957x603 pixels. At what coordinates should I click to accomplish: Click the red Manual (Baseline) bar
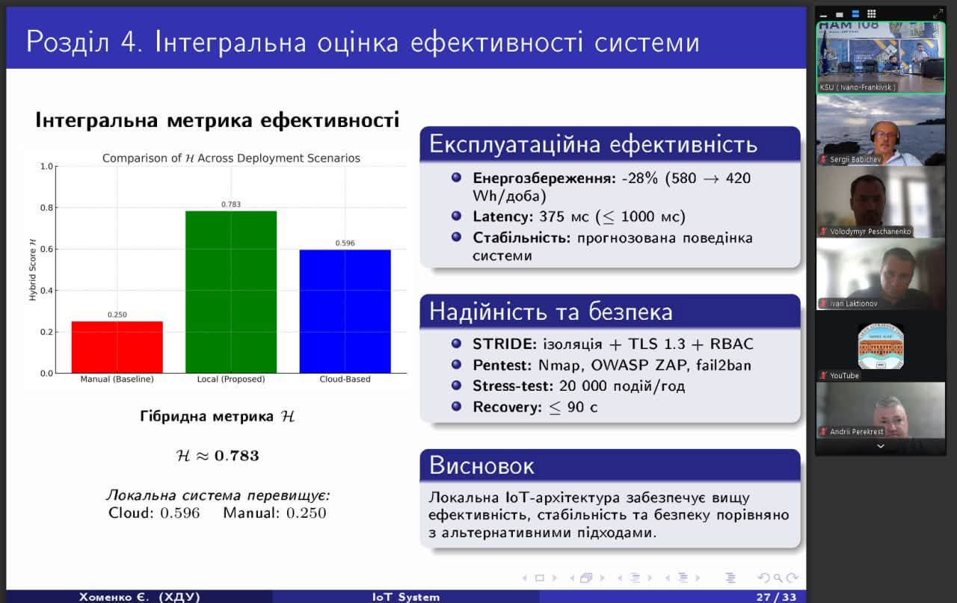coord(117,347)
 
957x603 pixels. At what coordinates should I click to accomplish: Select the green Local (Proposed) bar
coord(231,292)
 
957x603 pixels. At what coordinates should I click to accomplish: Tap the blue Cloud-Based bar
coord(345,312)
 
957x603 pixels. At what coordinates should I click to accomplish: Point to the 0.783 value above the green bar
coord(231,204)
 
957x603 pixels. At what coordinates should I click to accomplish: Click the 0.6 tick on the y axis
coord(46,249)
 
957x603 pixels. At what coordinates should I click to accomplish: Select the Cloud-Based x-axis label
coord(345,380)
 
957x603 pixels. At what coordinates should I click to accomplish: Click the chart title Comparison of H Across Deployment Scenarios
coord(231,158)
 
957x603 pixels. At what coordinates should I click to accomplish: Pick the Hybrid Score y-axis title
coord(32,270)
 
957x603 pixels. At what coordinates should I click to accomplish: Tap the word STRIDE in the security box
coord(505,344)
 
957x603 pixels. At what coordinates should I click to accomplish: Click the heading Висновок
coord(481,466)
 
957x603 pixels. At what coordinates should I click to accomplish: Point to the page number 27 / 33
coord(776,596)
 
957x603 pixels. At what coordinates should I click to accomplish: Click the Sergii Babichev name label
coord(855,159)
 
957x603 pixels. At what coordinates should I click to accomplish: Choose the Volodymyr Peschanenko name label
coord(870,232)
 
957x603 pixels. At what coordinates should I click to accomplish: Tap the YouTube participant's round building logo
coord(881,347)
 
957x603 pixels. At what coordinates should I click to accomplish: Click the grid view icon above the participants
coord(872,13)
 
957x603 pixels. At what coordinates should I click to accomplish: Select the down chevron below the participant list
coord(881,446)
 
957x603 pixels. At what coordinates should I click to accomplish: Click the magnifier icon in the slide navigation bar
coord(778,578)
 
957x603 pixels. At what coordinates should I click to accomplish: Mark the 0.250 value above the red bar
coord(117,315)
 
